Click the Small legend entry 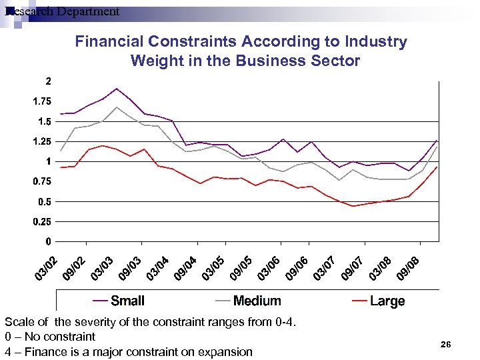127,301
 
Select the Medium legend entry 257,301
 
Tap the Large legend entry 387,301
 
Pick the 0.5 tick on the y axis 43,201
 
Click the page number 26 446,344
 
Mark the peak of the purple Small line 117,89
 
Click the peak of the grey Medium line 117,107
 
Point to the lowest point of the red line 353,206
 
